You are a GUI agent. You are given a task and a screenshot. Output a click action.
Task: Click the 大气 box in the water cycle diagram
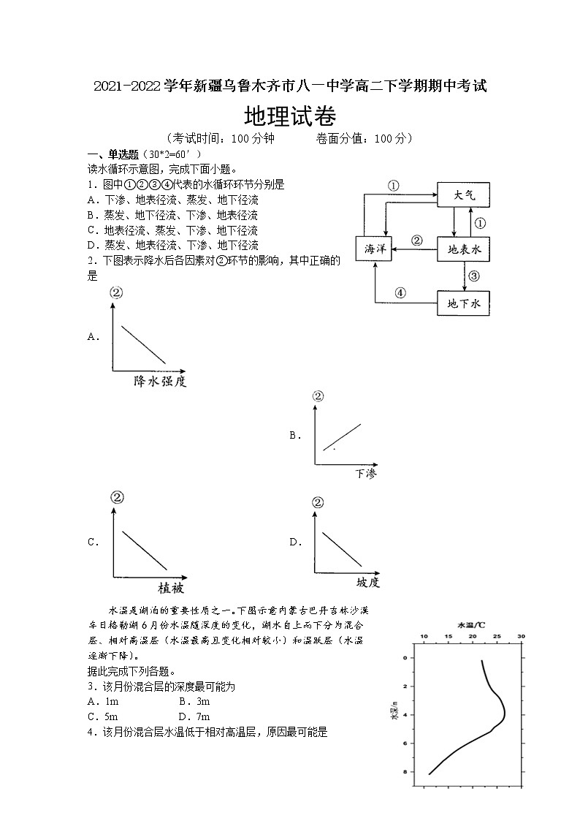[463, 195]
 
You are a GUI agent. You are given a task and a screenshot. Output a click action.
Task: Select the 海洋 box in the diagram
[374, 249]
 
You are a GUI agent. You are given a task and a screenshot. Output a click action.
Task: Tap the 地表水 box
[463, 249]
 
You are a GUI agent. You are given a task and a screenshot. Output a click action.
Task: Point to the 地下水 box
[463, 303]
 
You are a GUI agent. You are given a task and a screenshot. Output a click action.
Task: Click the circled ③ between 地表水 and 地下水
[473, 276]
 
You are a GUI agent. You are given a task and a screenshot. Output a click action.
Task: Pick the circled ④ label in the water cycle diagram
[400, 293]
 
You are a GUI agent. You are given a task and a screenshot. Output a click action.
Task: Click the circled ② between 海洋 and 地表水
[416, 240]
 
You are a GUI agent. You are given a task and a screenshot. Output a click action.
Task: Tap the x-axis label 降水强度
[159, 382]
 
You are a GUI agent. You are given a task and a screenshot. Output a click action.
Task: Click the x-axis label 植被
[171, 587]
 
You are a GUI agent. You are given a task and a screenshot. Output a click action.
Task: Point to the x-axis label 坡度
[368, 583]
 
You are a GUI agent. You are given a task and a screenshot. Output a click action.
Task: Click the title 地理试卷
[289, 116]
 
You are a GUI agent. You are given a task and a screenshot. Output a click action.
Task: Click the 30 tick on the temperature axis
[521, 637]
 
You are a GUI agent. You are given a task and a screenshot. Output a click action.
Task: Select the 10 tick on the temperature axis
[424, 637]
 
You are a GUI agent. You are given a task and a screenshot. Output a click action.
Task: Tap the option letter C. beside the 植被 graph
[93, 542]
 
